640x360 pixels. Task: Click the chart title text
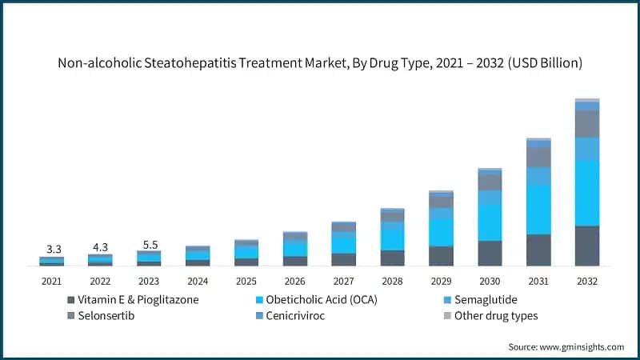[320, 62]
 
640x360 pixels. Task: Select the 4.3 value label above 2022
[100, 246]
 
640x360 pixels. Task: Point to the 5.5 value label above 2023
[149, 242]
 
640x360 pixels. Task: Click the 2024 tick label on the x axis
[198, 281]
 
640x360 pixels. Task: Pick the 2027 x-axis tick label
[343, 281]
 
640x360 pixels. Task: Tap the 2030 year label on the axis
[489, 281]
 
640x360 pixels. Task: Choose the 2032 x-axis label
[586, 281]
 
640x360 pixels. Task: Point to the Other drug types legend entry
[495, 315]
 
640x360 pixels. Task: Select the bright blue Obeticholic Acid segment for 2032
[586, 193]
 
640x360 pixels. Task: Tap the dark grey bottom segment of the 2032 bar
[586, 246]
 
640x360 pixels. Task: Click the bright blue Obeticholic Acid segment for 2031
[538, 210]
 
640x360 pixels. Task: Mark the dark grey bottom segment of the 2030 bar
[489, 253]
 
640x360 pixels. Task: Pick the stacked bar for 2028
[392, 237]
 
